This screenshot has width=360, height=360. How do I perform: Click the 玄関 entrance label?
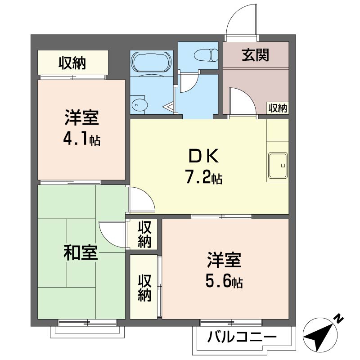(x=255, y=55)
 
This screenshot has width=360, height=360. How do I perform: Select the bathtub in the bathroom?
(x=151, y=63)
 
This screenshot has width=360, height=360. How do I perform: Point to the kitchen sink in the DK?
(x=278, y=165)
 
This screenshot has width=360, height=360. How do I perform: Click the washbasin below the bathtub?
(x=139, y=105)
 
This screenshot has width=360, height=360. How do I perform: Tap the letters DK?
(x=203, y=156)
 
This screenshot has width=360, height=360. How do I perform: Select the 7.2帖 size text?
(x=203, y=176)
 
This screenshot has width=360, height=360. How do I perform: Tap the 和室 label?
(x=81, y=252)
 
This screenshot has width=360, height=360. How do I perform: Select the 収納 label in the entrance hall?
(x=278, y=108)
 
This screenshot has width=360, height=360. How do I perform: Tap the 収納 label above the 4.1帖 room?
(x=72, y=63)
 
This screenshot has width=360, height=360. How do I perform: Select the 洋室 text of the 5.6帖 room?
(x=224, y=260)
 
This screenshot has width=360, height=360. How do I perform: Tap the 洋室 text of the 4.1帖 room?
(x=82, y=117)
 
